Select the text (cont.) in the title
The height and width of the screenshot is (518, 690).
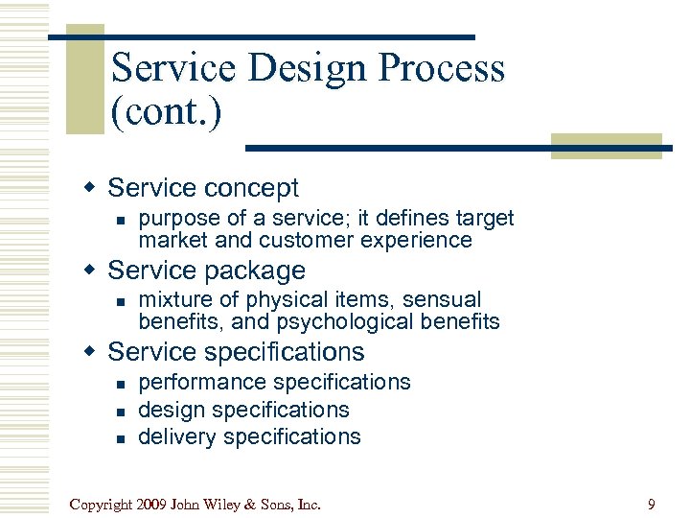(166, 113)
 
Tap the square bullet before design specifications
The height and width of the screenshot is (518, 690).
(120, 411)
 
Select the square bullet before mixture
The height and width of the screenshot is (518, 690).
(120, 301)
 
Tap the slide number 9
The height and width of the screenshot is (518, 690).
(652, 503)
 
